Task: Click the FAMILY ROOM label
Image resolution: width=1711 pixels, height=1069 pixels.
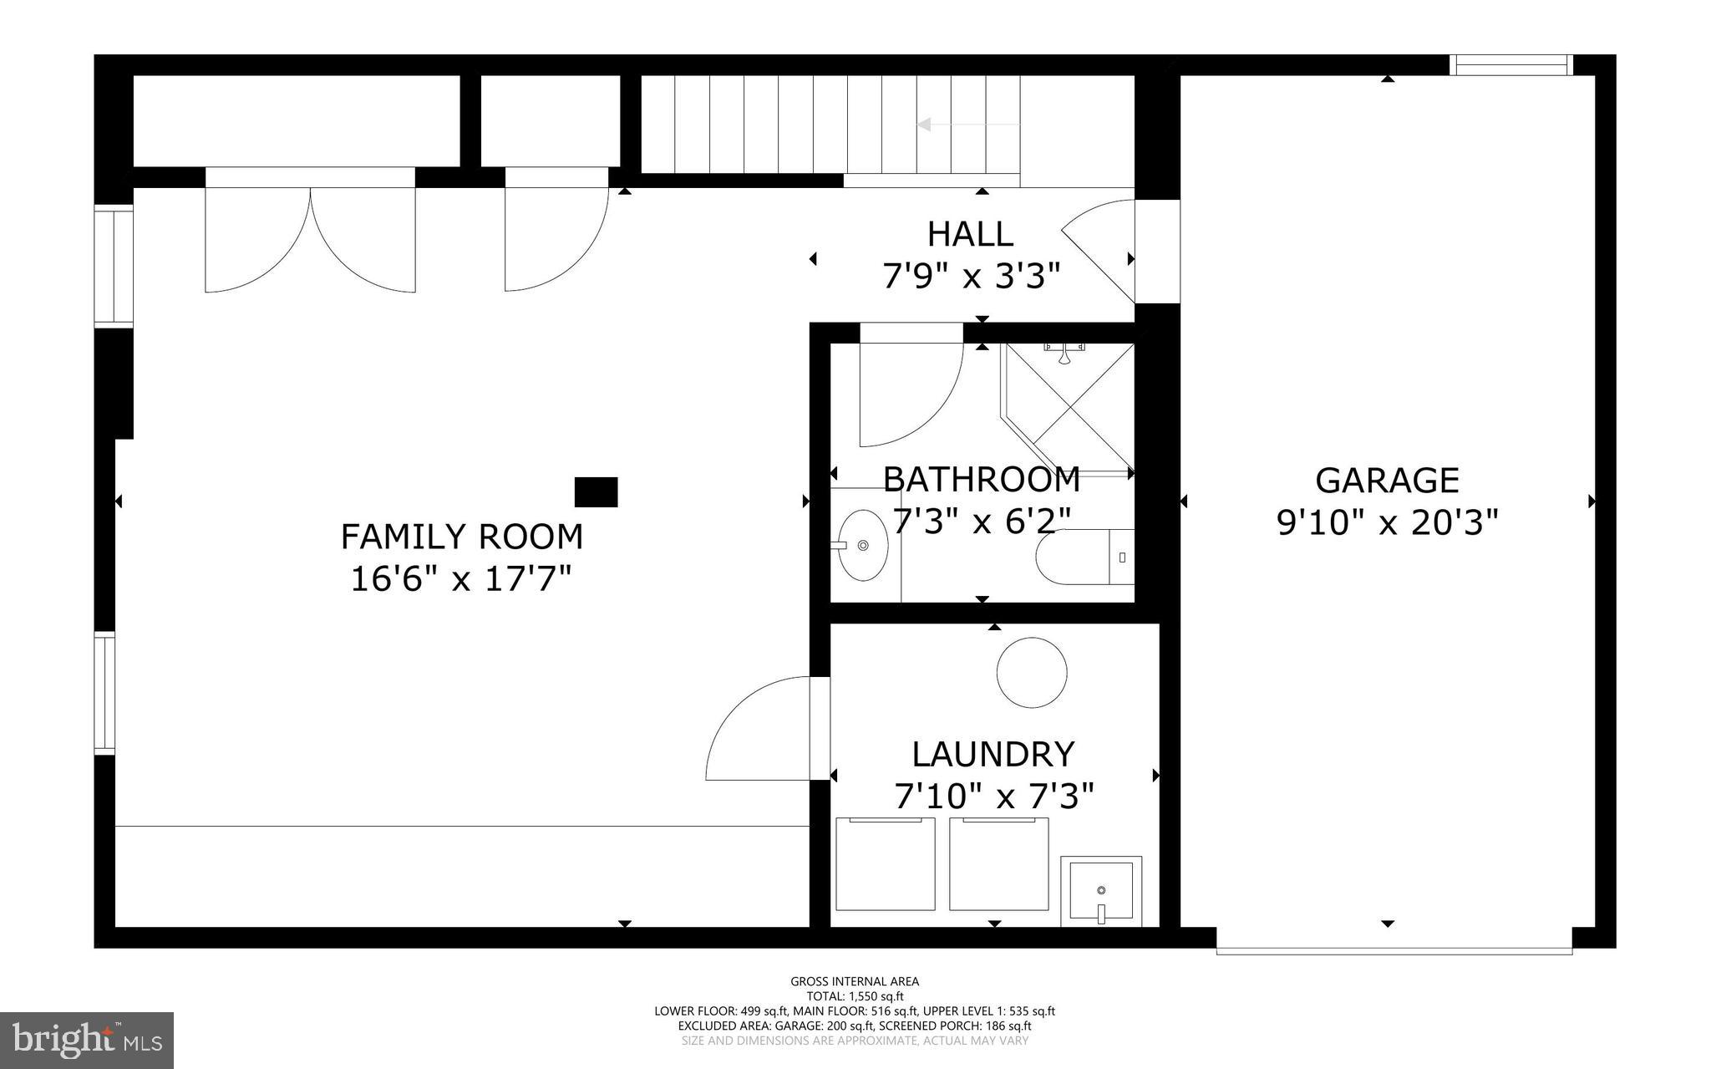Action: (461, 537)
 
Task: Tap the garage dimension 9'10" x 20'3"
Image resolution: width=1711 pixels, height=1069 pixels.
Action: (1387, 523)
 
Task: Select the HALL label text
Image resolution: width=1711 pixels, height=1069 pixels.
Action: (970, 234)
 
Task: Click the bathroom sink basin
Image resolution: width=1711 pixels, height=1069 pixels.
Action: (863, 545)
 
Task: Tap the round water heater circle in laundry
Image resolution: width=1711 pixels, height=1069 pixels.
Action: (1032, 673)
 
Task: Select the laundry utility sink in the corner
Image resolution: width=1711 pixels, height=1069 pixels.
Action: (1101, 891)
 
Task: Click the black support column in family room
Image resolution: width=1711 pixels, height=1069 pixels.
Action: (596, 492)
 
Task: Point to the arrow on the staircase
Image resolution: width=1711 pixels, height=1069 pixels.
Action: (926, 125)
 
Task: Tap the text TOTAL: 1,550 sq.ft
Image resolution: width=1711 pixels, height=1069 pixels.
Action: (854, 996)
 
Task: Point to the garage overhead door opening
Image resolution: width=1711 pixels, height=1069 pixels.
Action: (1394, 950)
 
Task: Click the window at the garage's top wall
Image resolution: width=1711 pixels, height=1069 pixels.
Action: (1510, 65)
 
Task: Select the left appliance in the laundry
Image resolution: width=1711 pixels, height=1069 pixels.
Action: (886, 864)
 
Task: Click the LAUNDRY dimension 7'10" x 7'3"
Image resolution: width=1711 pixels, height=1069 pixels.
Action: (993, 797)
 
